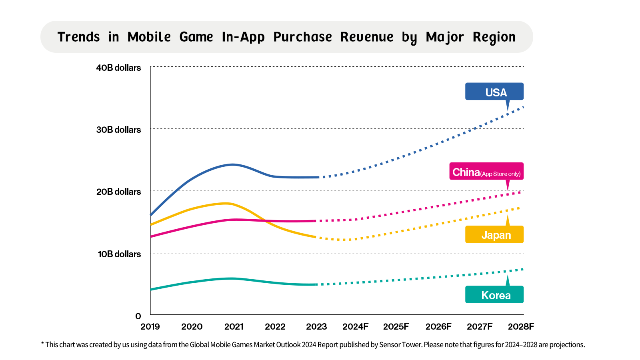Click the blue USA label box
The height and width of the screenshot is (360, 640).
[494, 92]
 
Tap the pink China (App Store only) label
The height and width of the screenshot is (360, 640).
[486, 172]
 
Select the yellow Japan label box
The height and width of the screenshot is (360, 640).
[494, 234]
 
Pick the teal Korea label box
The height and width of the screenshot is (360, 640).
[494, 295]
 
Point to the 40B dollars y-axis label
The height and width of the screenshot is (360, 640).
[118, 68]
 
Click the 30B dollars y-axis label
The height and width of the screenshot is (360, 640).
[118, 130]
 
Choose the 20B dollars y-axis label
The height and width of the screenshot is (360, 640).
[118, 192]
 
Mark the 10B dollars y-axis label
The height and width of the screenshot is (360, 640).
[119, 254]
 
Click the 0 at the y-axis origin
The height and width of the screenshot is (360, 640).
[138, 316]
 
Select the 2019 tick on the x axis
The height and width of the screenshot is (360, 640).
[150, 326]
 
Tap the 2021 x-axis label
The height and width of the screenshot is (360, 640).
[234, 326]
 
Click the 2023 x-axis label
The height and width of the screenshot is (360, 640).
[316, 326]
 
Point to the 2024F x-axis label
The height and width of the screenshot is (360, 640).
[355, 326]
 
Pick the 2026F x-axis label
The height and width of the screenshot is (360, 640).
[438, 326]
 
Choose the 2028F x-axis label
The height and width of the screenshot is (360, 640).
[521, 326]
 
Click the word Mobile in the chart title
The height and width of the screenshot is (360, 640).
[149, 37]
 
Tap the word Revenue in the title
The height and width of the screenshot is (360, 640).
[367, 37]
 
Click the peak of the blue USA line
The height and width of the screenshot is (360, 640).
[233, 164]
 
